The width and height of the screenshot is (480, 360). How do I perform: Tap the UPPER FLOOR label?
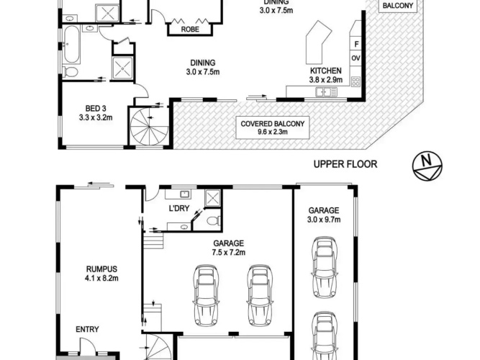[345, 164]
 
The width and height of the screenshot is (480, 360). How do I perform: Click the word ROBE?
[190, 30]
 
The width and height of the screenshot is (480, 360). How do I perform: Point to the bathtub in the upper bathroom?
[72, 44]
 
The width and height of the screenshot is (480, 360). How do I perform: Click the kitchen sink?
[326, 92]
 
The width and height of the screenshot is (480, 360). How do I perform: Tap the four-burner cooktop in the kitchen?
[356, 81]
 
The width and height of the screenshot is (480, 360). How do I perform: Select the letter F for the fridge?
[356, 45]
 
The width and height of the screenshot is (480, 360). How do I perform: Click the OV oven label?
[356, 58]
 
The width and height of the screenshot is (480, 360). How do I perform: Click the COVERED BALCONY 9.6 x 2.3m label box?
[273, 127]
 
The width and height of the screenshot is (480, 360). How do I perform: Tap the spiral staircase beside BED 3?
[149, 126]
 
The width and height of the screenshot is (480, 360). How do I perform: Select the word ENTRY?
[87, 329]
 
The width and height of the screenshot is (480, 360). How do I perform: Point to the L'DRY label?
[179, 208]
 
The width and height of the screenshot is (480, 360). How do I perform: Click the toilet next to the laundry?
[213, 220]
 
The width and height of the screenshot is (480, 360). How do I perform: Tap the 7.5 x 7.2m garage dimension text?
[229, 253]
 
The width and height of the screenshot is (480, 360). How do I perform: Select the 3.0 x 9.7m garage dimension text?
[324, 220]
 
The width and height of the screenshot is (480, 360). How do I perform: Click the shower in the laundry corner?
[213, 197]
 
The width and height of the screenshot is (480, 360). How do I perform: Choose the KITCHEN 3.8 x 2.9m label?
[326, 76]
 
